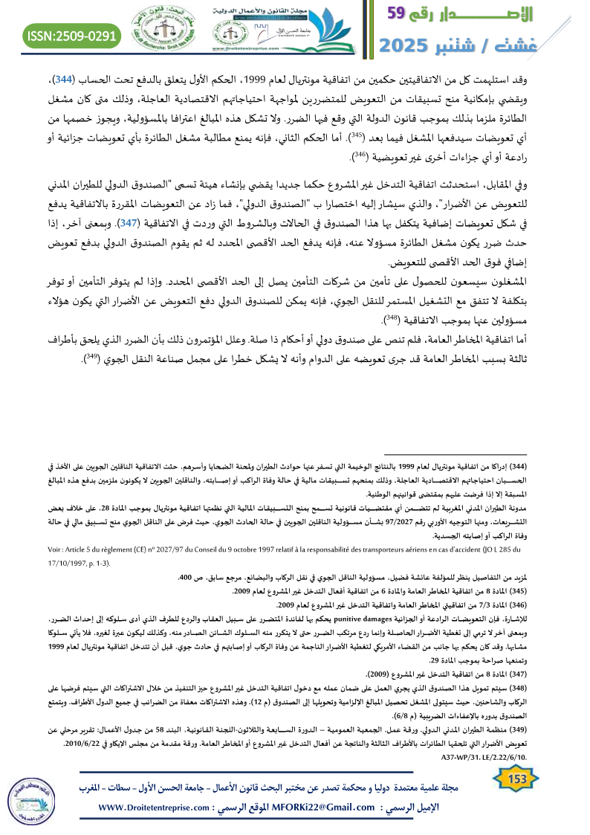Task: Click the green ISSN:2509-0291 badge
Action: [x=73, y=35]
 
